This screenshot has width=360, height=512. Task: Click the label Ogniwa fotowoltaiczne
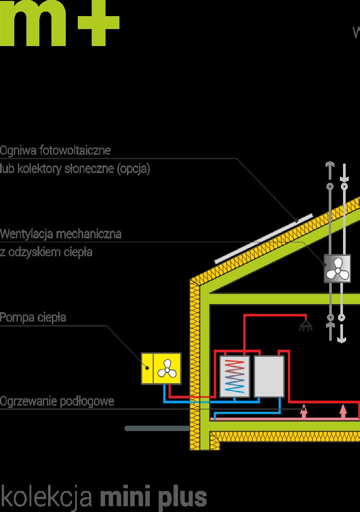[55, 151]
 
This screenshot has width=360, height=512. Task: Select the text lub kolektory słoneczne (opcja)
[75, 169]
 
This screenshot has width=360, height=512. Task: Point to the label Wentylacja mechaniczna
[61, 234]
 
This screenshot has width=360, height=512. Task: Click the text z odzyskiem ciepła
[46, 252]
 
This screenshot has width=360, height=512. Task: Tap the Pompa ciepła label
[33, 317]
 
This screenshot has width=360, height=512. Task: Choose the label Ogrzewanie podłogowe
[57, 401]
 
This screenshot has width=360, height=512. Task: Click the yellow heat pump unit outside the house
[161, 368]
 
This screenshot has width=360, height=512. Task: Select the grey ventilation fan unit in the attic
[337, 269]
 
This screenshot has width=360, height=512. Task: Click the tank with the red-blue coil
[235, 377]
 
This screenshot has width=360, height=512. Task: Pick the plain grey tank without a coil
[269, 377]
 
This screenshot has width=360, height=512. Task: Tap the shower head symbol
[306, 325]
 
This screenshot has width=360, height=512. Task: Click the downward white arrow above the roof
[344, 172]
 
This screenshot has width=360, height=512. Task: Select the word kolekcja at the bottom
[47, 496]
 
